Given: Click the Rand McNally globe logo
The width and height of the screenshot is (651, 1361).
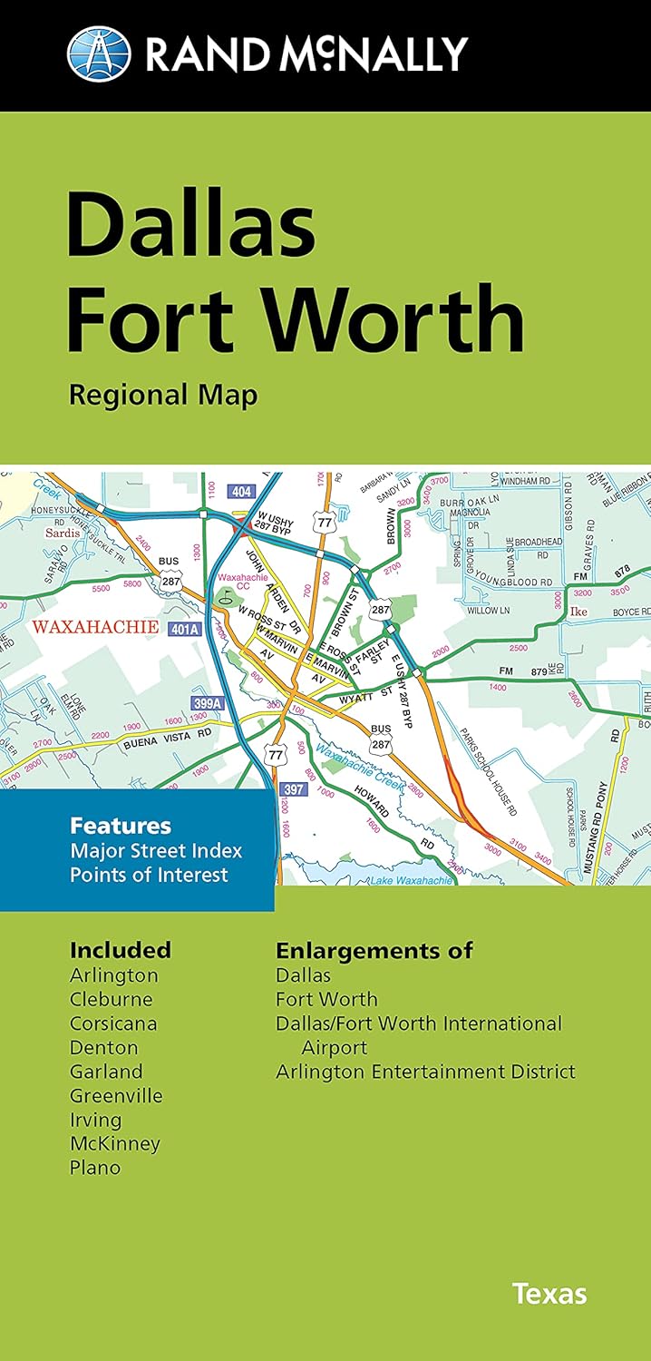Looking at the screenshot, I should click(99, 53).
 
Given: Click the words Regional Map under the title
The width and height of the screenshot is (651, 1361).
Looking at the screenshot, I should click(163, 395).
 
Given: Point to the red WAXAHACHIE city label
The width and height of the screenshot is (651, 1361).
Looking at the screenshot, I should click(95, 627).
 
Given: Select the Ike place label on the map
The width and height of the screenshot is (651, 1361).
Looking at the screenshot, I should click(578, 612).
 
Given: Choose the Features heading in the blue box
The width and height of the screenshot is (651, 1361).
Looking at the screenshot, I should click(121, 827).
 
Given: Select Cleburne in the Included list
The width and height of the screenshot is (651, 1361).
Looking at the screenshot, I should click(112, 999).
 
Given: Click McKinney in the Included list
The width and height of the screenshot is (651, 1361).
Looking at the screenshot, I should click(115, 1143).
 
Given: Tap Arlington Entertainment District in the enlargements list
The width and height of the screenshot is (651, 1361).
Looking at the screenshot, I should click(425, 1071).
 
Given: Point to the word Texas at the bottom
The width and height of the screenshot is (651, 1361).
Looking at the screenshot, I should click(549, 1293).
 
